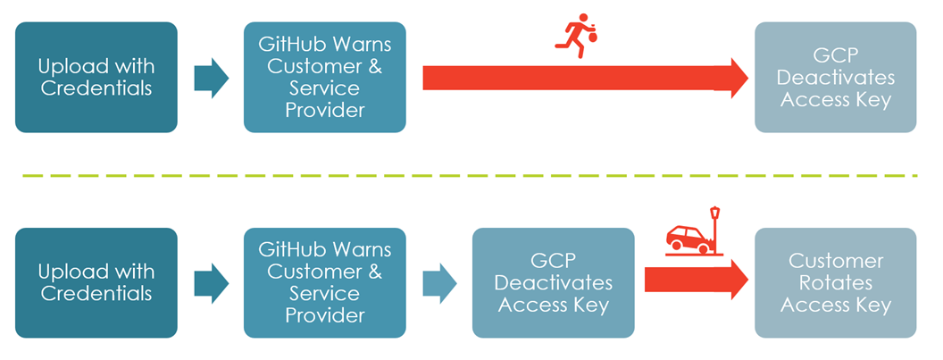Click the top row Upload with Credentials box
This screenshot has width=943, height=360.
point(96,78)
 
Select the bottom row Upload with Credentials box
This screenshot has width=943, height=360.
point(96,282)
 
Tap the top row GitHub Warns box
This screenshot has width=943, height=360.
point(324,78)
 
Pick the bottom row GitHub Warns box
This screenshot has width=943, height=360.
point(324,282)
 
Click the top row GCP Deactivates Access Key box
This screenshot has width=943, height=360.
point(835,78)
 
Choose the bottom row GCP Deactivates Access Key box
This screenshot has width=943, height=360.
point(553,282)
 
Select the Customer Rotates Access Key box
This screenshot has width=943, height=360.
point(835,282)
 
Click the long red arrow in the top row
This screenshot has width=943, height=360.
point(580,78)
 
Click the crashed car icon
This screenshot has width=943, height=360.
point(686,239)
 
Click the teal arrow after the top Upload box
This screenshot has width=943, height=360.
point(211,78)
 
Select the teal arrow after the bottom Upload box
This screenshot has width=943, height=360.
point(211,282)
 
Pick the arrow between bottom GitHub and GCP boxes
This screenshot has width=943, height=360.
point(439,282)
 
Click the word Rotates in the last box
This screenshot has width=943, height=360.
point(835,283)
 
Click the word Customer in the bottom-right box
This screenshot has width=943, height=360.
point(835,262)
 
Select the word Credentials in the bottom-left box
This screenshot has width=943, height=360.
point(96,294)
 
